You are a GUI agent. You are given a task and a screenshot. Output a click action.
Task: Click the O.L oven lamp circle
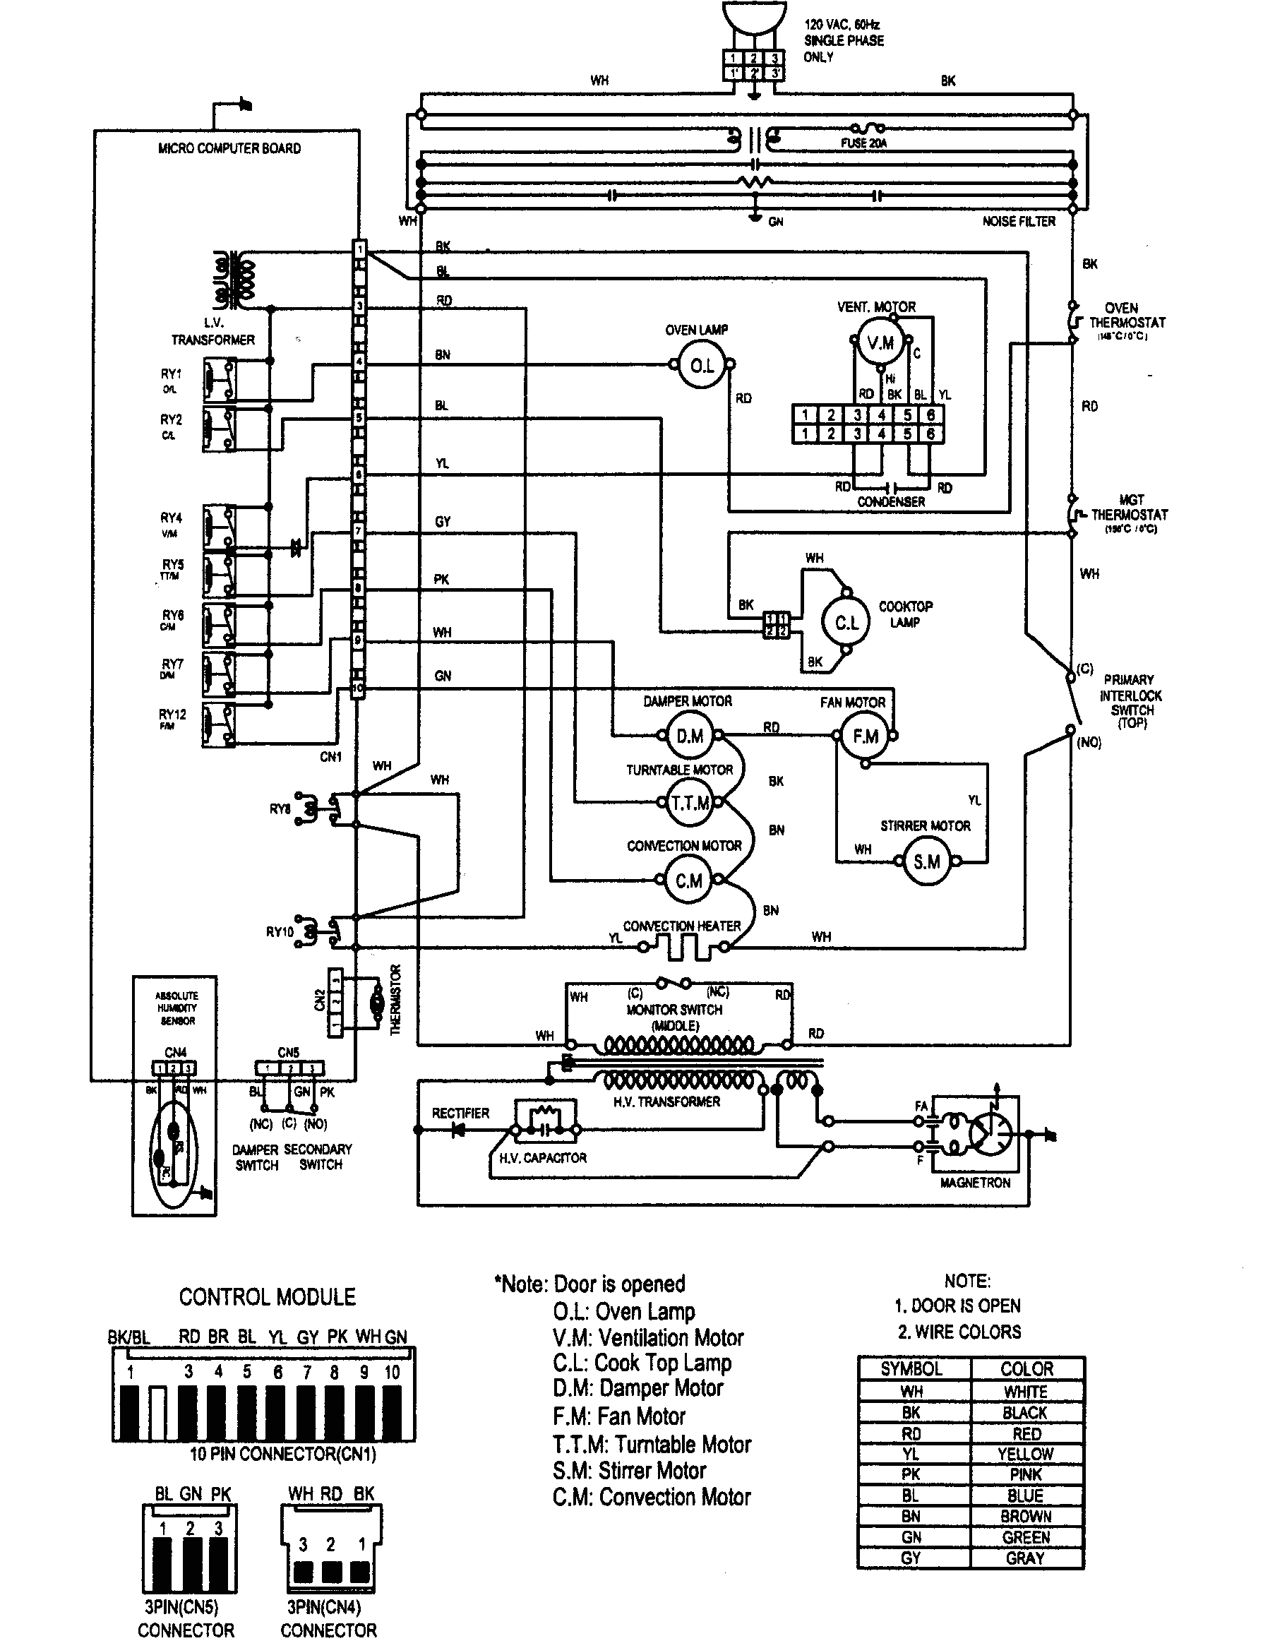point(702,366)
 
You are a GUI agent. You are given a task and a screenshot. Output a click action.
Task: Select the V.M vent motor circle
point(880,343)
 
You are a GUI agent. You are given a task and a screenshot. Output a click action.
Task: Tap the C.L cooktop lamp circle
point(846,623)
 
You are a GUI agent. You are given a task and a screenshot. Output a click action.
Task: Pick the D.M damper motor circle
point(690,736)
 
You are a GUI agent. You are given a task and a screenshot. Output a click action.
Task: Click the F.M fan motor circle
point(865,736)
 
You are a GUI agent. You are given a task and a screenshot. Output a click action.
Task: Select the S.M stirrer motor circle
point(926,861)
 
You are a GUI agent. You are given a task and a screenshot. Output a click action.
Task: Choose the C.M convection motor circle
point(688,880)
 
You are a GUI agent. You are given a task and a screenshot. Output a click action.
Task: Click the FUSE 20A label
point(863,143)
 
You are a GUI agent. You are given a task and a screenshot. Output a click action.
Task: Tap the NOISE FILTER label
point(1019,221)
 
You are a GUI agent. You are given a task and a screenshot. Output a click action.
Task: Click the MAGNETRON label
point(975,1183)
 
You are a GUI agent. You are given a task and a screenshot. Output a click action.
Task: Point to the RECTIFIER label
point(460,1113)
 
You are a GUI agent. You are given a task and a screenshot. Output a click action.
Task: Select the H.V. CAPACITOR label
point(542,1157)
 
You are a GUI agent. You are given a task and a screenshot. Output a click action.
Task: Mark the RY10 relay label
point(279,932)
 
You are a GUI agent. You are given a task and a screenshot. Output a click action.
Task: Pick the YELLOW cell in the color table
point(1025,1453)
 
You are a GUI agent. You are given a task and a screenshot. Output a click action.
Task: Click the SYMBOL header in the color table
point(911,1369)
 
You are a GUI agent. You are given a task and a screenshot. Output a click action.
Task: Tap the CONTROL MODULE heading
point(267,1297)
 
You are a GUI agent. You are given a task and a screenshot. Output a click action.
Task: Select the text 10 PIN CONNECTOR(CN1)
point(283,1453)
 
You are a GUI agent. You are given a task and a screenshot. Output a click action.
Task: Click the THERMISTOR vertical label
point(395,1000)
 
